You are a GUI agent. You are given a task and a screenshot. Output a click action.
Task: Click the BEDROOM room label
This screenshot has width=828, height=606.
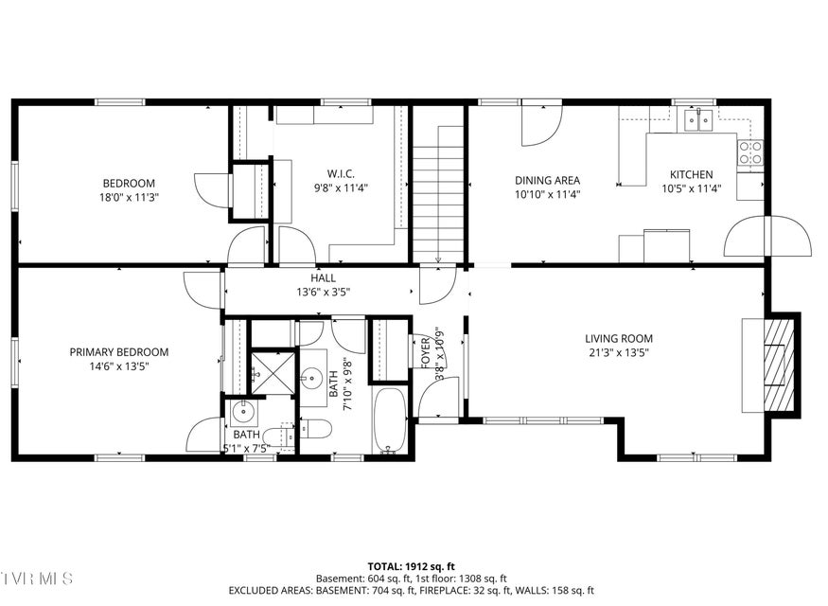129,184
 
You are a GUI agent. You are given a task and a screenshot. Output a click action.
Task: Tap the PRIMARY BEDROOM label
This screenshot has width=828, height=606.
119,352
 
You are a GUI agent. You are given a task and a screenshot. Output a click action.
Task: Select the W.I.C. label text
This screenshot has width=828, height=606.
341,174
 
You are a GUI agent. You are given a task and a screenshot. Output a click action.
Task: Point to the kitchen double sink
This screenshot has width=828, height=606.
699,119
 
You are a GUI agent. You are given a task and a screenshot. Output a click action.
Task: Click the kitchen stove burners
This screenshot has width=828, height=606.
751,152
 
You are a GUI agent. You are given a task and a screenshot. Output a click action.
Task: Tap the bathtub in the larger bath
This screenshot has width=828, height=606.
390,420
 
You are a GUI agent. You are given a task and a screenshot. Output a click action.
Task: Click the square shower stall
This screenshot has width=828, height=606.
273,373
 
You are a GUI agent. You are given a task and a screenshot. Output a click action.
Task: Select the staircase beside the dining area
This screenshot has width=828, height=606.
438,194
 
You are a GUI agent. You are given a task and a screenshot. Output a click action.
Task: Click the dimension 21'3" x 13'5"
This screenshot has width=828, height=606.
618,352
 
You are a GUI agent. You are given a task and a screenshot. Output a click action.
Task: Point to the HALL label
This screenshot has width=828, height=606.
324,277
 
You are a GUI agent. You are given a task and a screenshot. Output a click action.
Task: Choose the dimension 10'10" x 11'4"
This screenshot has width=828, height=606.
548,194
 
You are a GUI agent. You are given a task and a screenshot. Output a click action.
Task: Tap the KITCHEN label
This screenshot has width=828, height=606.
691,174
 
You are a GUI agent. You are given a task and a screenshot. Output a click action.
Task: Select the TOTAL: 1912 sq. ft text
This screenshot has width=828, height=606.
412,567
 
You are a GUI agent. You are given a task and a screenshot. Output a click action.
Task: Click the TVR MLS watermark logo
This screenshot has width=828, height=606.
37,578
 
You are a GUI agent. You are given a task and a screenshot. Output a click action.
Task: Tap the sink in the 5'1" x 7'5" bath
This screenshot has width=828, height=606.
244,413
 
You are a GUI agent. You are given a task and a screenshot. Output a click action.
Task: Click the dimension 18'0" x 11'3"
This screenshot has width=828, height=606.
129,197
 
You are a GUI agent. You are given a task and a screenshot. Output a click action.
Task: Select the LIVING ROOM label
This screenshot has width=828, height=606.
618,338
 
